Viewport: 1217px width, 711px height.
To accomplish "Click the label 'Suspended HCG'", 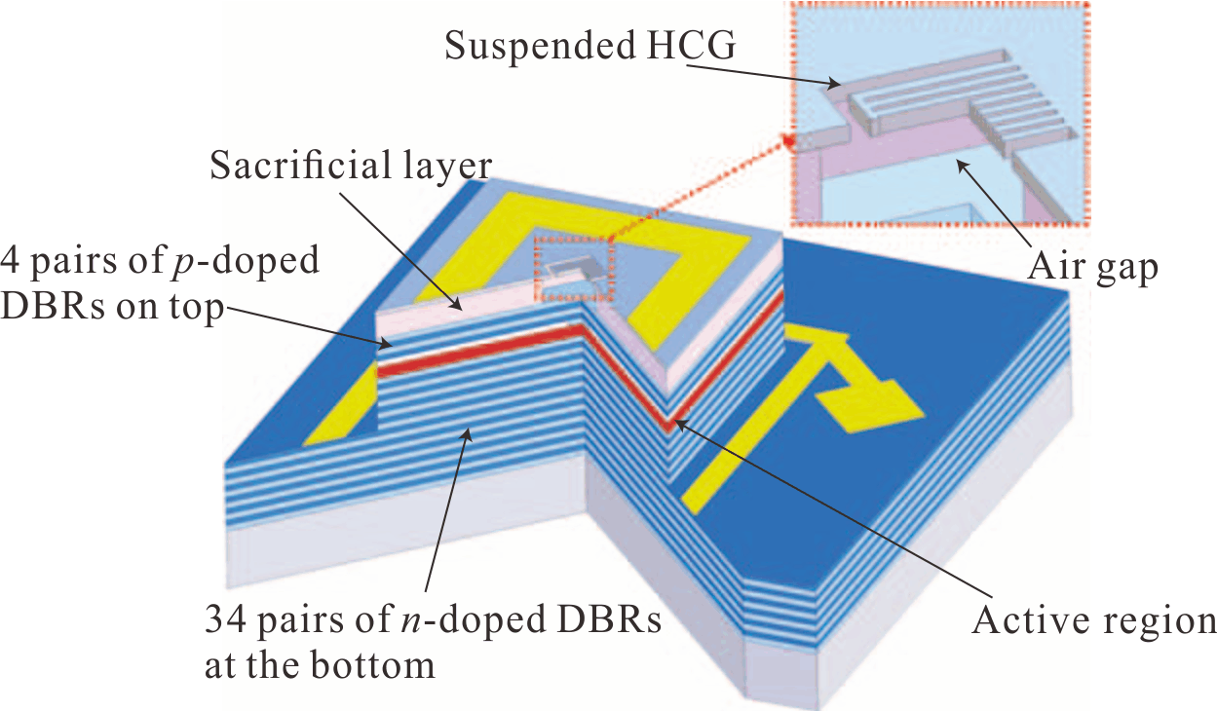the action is (590, 45).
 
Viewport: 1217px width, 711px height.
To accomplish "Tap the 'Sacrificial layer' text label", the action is (351, 166).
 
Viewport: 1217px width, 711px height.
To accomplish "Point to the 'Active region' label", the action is (1093, 620).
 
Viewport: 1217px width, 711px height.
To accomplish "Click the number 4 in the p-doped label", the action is (11, 261).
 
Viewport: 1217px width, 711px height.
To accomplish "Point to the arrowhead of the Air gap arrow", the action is (962, 165).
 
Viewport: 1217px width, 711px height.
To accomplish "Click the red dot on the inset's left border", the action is (789, 142).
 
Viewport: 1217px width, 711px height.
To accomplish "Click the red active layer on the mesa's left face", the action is (478, 351).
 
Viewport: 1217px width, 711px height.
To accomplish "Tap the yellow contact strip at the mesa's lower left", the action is (340, 406).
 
